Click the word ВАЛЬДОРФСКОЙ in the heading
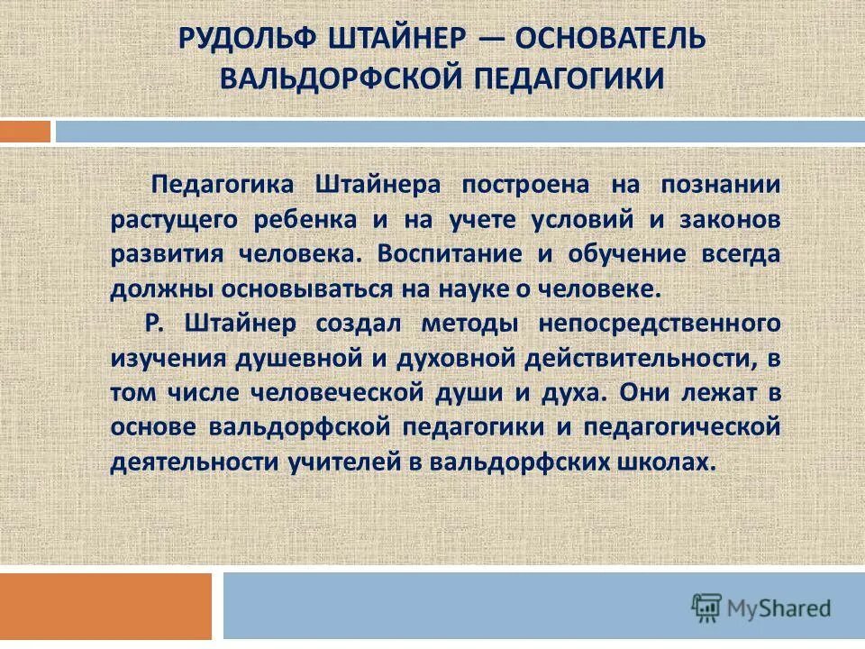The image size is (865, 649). tap(338, 78)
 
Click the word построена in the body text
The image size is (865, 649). tap(514, 185)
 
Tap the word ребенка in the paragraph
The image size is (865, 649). tap(307, 219)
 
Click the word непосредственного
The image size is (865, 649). tap(659, 323)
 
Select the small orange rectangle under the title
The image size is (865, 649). tap(25, 132)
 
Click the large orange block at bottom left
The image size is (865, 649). tap(105, 606)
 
